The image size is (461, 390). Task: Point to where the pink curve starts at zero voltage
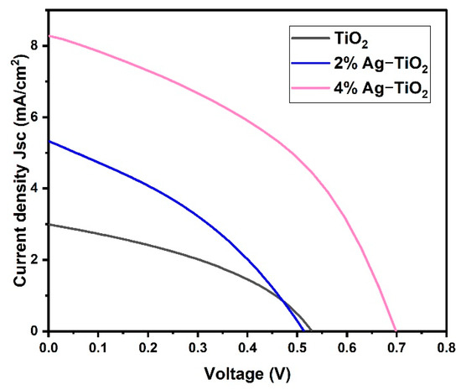pyautogui.click(x=49, y=35)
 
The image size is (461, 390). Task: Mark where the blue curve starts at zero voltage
pyautogui.click(x=49, y=141)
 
